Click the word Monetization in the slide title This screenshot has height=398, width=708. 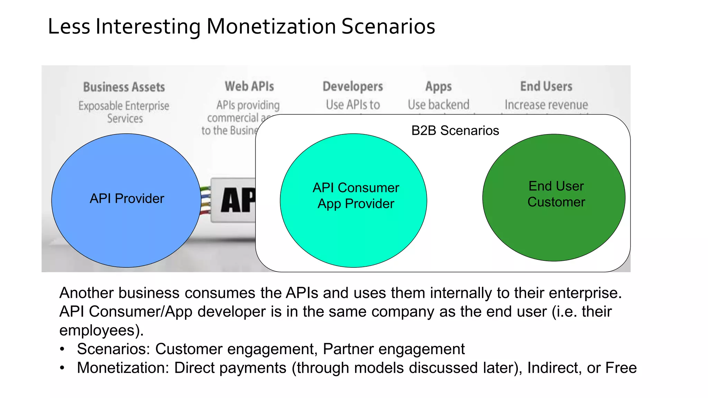pyautogui.click(x=271, y=27)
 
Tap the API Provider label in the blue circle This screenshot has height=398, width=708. pyautogui.click(x=127, y=199)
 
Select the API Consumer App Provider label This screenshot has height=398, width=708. pyautogui.click(x=356, y=196)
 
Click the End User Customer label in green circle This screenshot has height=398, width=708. pyautogui.click(x=556, y=194)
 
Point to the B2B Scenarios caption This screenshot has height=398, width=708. pyautogui.click(x=455, y=131)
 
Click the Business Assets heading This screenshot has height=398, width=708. pyautogui.click(x=124, y=87)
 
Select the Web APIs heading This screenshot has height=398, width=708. pyautogui.click(x=249, y=86)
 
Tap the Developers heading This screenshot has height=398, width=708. pyautogui.click(x=353, y=86)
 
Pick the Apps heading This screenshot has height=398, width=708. pyautogui.click(x=438, y=86)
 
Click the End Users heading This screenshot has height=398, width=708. pyautogui.click(x=546, y=86)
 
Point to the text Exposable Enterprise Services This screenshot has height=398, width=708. pyautogui.click(x=124, y=112)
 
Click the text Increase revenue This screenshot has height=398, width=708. pyautogui.click(x=546, y=105)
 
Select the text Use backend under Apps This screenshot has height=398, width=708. pyautogui.click(x=438, y=105)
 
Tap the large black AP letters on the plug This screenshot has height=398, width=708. pyautogui.click(x=238, y=200)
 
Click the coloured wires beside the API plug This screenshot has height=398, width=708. pyautogui.click(x=205, y=200)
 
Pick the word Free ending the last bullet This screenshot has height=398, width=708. pyautogui.click(x=621, y=368)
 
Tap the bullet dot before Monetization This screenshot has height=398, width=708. pyautogui.click(x=62, y=368)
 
